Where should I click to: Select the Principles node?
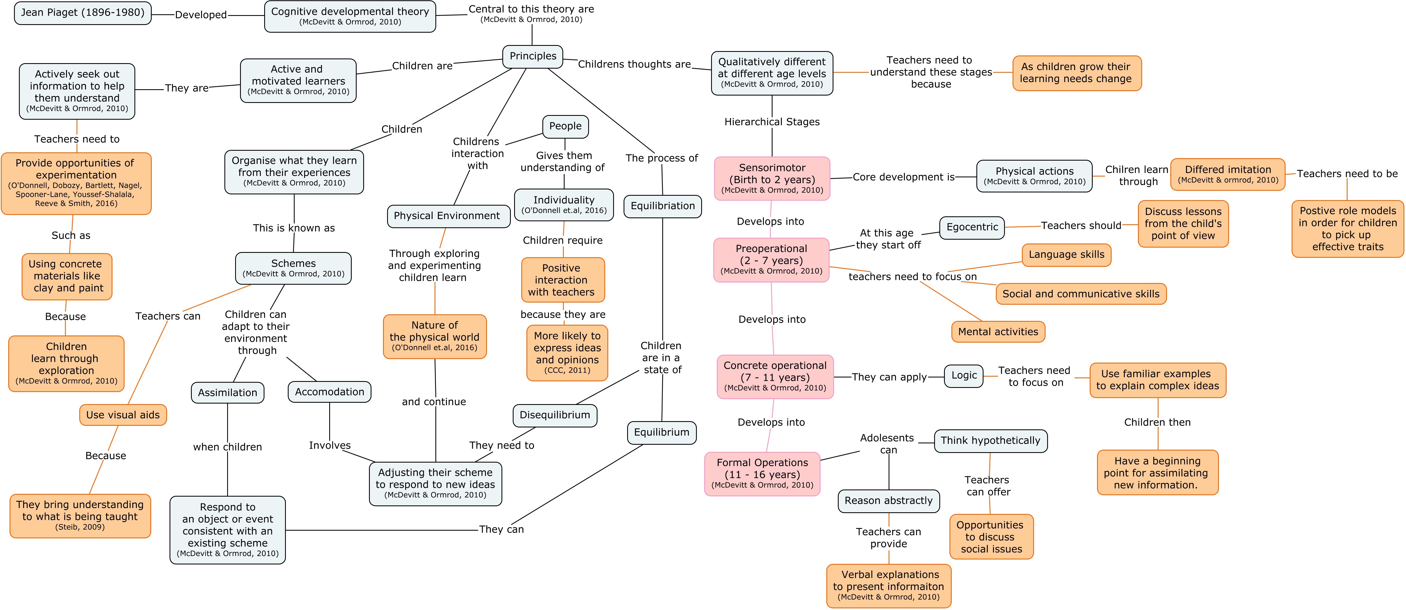532,56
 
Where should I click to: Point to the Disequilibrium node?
554,415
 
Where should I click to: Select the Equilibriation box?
663,206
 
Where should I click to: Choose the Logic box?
963,376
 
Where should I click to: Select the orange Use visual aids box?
123,415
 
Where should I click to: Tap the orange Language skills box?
1066,254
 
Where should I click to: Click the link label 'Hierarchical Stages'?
772,122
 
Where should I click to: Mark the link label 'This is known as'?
294,228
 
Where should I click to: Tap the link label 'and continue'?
434,402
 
